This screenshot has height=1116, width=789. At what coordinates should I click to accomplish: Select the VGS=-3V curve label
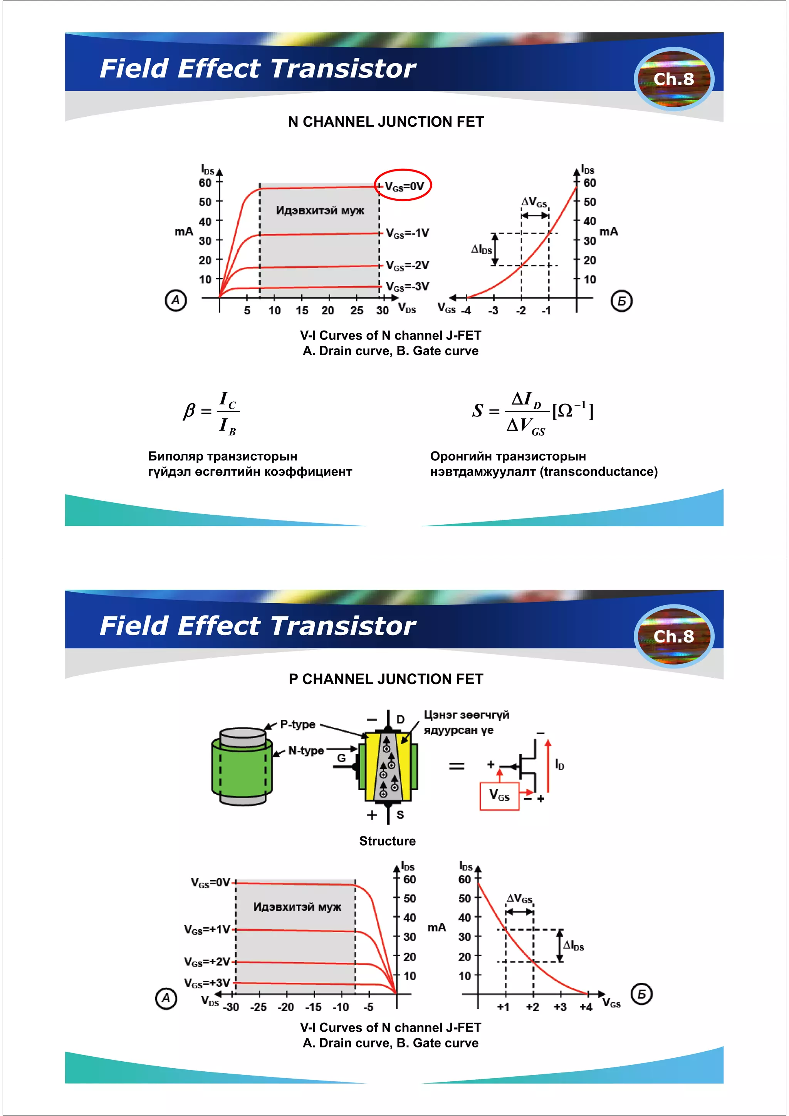(407, 286)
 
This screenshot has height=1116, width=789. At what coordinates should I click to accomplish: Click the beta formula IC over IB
(212, 412)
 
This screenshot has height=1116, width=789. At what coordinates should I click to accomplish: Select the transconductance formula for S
(532, 412)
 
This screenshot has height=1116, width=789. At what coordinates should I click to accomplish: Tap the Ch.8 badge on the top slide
(673, 79)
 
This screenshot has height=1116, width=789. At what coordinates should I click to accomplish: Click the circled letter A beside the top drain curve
(176, 300)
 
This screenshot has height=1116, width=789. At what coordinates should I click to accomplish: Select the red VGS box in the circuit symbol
(499, 796)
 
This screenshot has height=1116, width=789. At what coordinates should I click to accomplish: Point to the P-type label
(297, 724)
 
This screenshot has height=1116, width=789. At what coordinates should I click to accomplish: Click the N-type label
(306, 750)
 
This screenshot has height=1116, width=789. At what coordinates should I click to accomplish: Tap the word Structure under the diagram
(388, 841)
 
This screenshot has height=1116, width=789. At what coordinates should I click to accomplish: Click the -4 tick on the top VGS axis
(466, 310)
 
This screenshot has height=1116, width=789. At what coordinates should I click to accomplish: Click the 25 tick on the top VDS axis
(356, 310)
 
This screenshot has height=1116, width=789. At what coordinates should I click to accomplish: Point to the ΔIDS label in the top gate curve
(481, 249)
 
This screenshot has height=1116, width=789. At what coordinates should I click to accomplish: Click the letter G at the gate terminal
(341, 758)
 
